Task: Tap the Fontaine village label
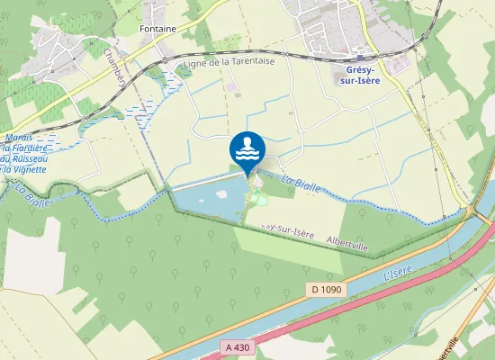point(157,29)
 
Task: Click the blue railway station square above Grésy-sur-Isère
point(360,58)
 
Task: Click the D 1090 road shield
point(329,289)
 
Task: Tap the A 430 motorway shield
point(237,344)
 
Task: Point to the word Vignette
point(31,169)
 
